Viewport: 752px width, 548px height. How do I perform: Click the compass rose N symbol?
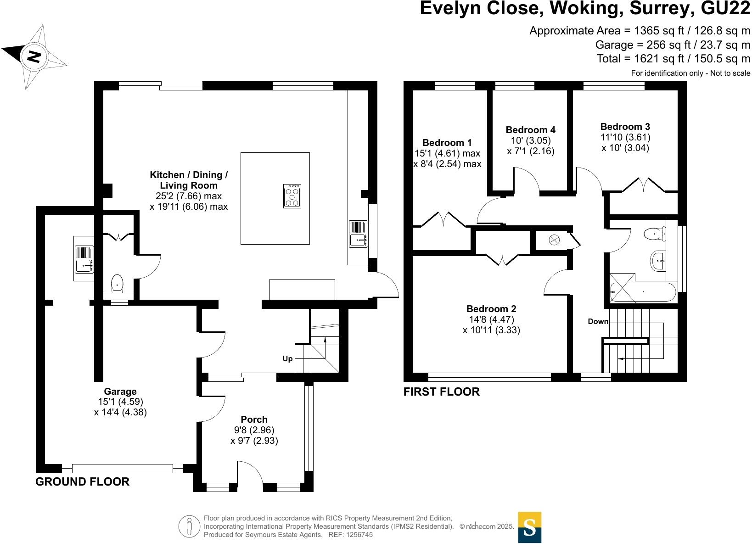(x=34, y=56)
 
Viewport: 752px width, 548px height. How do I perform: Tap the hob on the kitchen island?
(x=292, y=196)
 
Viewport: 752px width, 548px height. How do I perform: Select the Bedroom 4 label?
(x=530, y=130)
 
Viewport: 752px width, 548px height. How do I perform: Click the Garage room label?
(x=120, y=391)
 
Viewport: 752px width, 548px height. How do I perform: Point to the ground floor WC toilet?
(x=118, y=283)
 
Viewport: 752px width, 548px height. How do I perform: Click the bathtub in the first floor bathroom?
(x=643, y=292)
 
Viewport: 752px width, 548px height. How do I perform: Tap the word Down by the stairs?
(x=598, y=321)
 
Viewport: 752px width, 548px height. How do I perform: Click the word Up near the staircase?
(x=287, y=358)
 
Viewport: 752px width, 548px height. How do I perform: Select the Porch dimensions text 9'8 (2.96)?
(x=254, y=430)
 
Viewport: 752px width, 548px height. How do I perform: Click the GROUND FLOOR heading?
(x=83, y=481)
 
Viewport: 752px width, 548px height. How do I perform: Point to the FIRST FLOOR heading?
(x=441, y=391)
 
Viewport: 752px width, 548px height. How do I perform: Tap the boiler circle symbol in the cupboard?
(x=554, y=240)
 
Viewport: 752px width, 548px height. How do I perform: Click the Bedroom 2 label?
(x=491, y=309)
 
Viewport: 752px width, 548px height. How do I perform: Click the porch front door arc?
(x=250, y=473)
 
